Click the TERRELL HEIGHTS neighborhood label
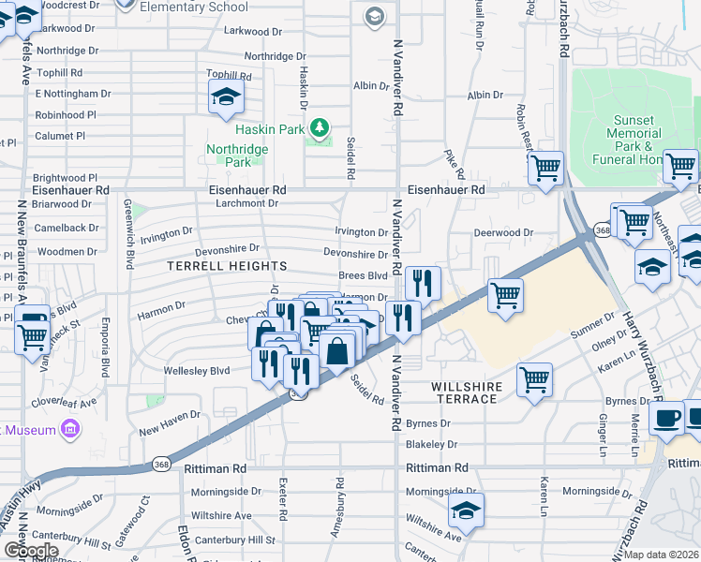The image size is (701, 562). click(x=218, y=267)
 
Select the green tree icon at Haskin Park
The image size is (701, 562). click(x=320, y=126)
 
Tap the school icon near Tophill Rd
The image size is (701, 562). click(x=225, y=96)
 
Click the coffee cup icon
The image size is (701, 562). click(x=667, y=418)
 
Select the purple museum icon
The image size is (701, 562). click(x=68, y=429)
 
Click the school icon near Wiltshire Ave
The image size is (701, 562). click(x=465, y=511)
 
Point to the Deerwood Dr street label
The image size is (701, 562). click(x=502, y=232)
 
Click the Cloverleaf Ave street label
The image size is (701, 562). click(x=66, y=403)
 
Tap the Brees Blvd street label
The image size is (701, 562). click(x=363, y=276)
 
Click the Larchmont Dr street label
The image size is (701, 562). click(x=247, y=202)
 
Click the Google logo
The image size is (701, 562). click(x=31, y=550)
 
